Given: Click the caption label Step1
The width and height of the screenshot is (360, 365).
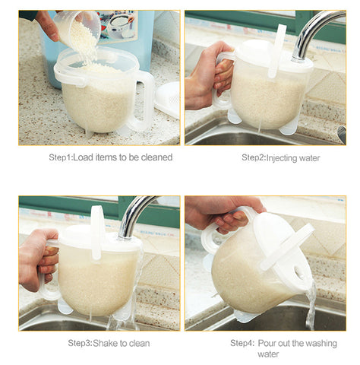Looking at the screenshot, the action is [x=61, y=157].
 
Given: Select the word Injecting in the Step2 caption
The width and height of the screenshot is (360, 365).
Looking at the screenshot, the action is [x=282, y=158].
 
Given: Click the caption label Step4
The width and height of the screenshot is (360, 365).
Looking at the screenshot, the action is [x=242, y=344].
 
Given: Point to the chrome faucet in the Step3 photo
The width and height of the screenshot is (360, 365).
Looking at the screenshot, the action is [x=134, y=215].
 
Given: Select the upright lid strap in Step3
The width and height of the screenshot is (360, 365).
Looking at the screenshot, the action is [x=96, y=232].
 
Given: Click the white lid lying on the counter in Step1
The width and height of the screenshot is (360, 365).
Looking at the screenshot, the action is [x=168, y=100].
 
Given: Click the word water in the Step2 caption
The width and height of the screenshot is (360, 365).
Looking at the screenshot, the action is [x=309, y=158].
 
